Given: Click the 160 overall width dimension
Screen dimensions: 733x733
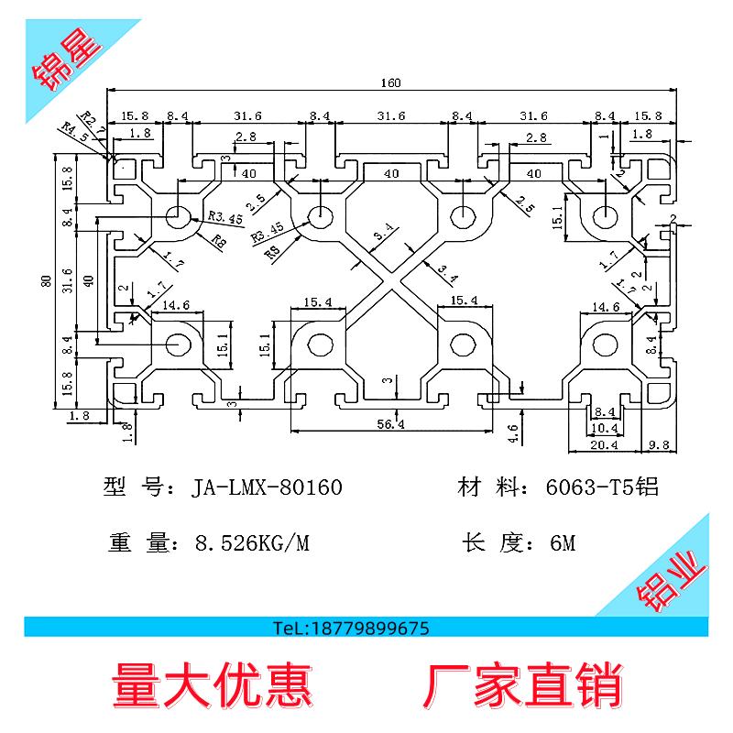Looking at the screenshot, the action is pyautogui.click(x=391, y=83).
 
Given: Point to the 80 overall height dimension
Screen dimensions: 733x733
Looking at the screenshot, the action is pyautogui.click(x=45, y=281).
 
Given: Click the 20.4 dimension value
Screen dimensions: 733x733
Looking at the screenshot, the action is pyautogui.click(x=603, y=445).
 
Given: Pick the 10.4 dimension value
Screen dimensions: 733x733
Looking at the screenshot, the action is pyautogui.click(x=604, y=428).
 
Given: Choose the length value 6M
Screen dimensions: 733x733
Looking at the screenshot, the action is pyautogui.click(x=562, y=543).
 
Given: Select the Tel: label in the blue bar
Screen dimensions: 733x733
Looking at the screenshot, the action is pyautogui.click(x=295, y=629).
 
